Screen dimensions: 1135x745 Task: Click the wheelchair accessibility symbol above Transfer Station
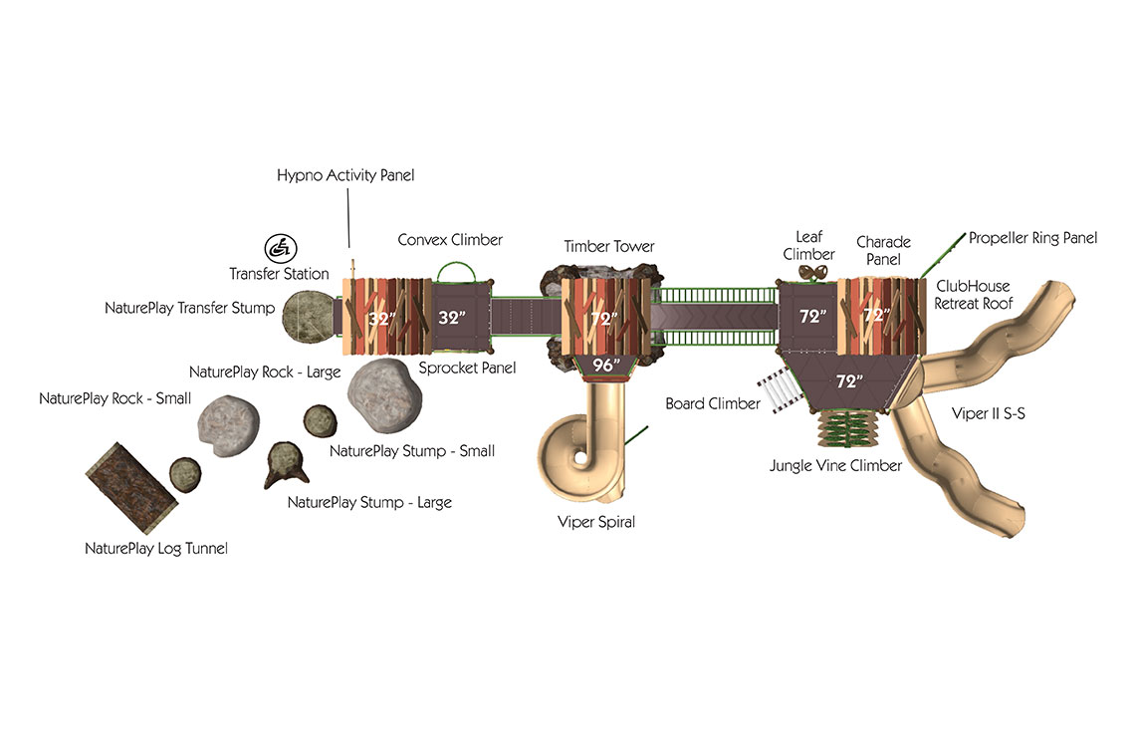(281, 248)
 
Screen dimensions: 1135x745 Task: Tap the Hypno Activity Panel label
(345, 175)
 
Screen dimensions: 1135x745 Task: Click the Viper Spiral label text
(596, 522)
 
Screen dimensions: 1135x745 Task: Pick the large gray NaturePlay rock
(384, 395)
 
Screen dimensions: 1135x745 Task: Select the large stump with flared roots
(287, 464)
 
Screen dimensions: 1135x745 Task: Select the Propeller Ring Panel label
(1032, 238)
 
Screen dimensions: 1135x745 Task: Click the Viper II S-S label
(988, 413)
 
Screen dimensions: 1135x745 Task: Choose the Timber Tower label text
(608, 246)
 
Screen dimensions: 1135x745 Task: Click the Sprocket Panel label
(467, 368)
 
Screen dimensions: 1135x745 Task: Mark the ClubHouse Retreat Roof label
(973, 295)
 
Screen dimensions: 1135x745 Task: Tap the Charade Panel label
(883, 251)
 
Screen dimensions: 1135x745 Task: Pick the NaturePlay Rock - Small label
(115, 398)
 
